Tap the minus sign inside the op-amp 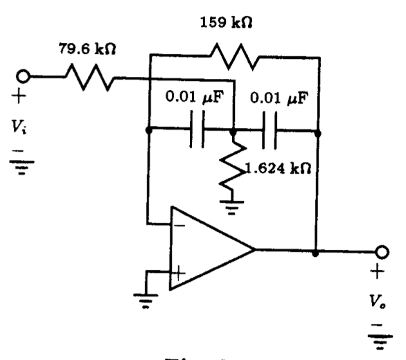[x=179, y=225]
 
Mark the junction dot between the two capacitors [x=233, y=129]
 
